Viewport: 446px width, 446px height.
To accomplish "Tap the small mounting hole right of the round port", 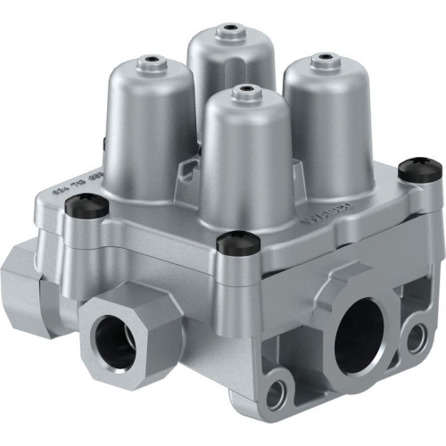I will [x=414, y=335].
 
